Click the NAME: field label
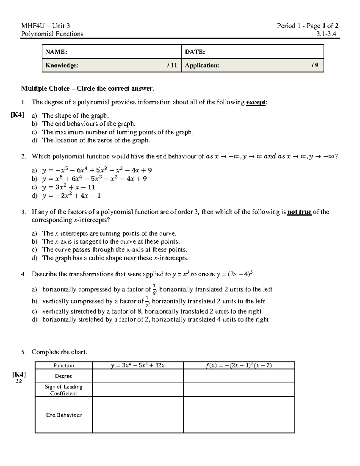click(x=56, y=52)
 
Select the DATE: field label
click(x=195, y=52)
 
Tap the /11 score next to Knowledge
click(x=172, y=65)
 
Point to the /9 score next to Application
click(x=315, y=65)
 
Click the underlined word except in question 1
click(x=256, y=102)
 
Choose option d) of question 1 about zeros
click(x=96, y=140)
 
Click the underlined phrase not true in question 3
click(x=299, y=212)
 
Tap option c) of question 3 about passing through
click(x=115, y=250)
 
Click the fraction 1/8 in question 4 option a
click(x=154, y=290)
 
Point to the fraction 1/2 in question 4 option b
click(x=147, y=301)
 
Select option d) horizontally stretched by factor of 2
click(x=155, y=320)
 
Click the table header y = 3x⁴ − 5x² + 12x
click(x=138, y=365)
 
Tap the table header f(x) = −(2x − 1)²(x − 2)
click(x=239, y=365)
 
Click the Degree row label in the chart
click(x=63, y=376)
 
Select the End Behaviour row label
click(x=64, y=415)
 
